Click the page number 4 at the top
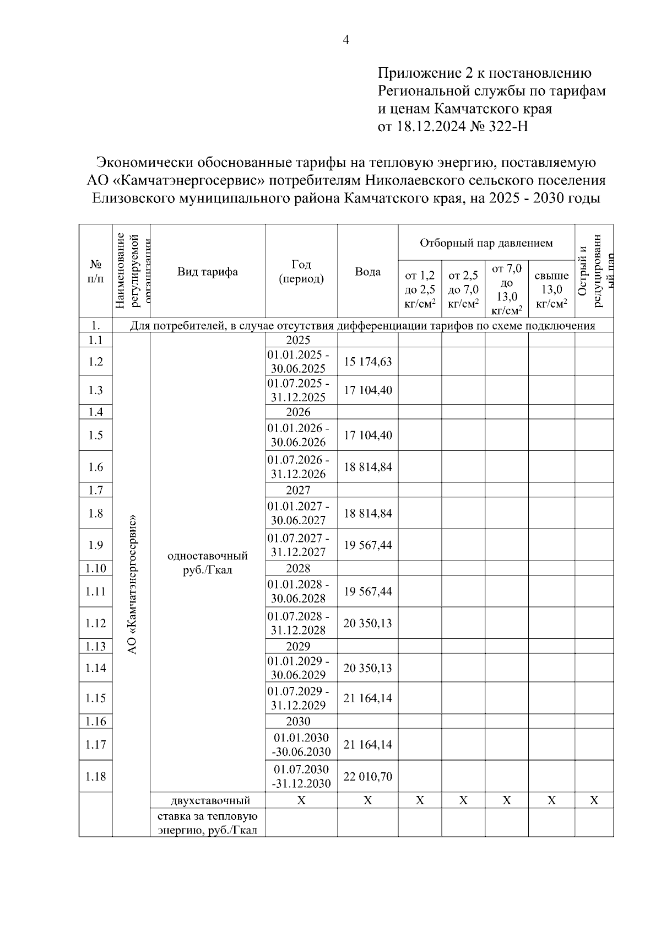[346, 40]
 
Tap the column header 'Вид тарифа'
[207, 271]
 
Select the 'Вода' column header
[367, 271]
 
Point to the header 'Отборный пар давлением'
[486, 243]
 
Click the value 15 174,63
[367, 362]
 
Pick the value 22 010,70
[367, 777]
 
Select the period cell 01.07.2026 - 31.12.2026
[301, 467]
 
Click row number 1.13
[95, 646]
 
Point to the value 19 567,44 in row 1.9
[367, 545]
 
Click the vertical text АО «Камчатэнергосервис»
[132, 584]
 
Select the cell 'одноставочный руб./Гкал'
[207, 562]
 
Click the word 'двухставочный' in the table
[207, 800]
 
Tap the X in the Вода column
[367, 800]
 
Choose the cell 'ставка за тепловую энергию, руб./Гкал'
[207, 822]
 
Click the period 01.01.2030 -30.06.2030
[301, 745]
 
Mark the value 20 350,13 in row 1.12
[367, 623]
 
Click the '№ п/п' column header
[95, 271]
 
